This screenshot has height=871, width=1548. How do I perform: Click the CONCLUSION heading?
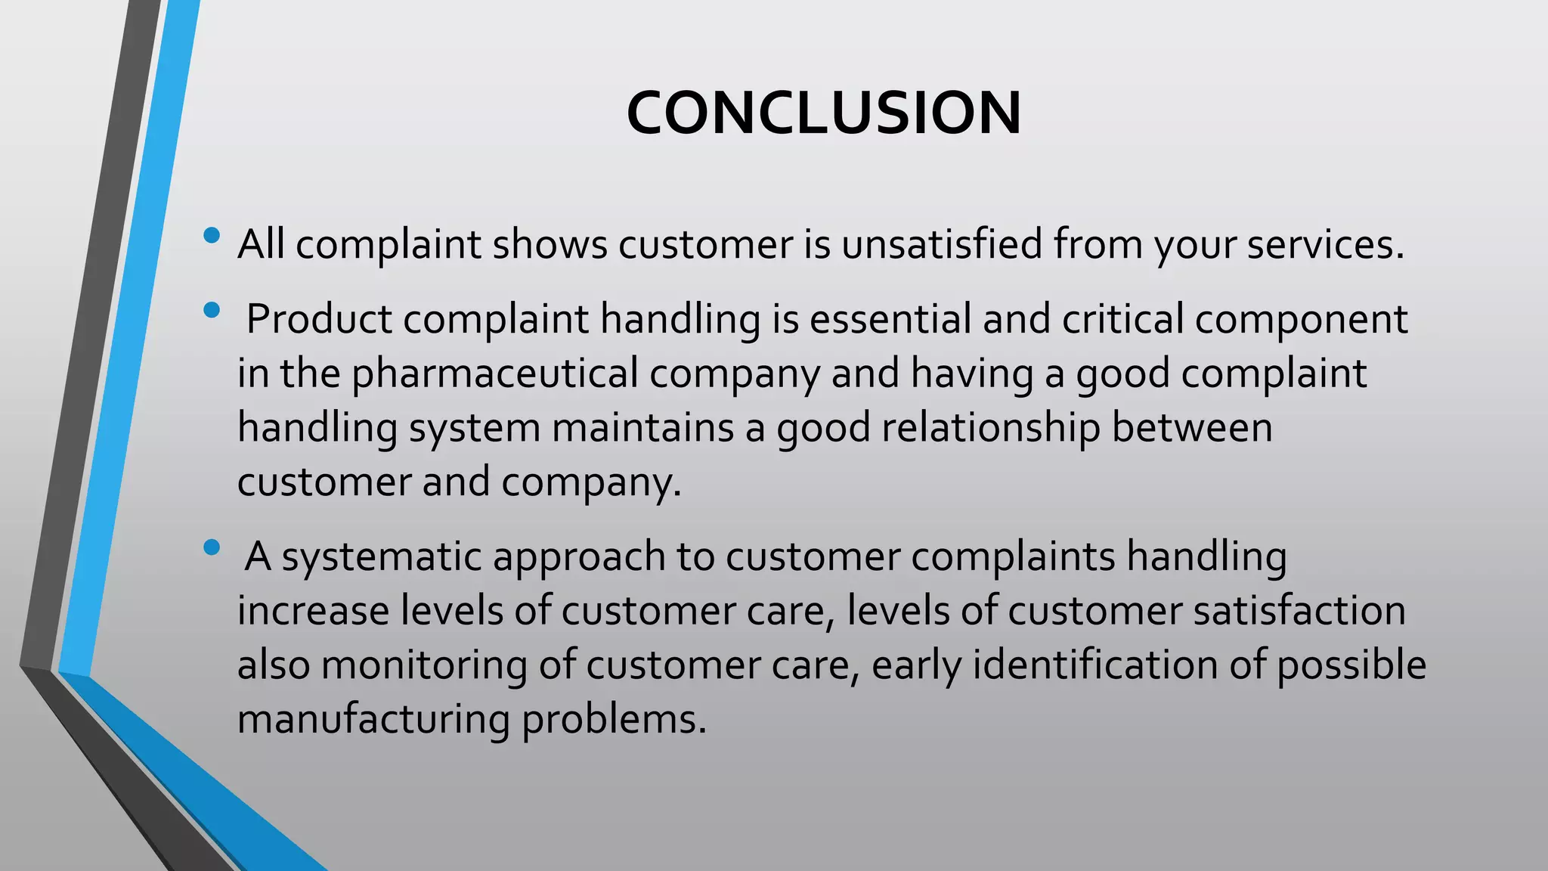pyautogui.click(x=824, y=113)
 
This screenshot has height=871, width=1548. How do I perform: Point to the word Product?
pyautogui.click(x=319, y=318)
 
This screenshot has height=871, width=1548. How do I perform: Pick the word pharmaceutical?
pyautogui.click(x=495, y=374)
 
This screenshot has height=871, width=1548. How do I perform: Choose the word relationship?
pyautogui.click(x=991, y=428)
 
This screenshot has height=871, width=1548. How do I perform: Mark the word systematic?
pyautogui.click(x=382, y=557)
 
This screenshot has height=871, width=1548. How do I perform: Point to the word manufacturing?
pyautogui.click(x=373, y=719)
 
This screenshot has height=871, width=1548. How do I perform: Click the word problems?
pyautogui.click(x=614, y=719)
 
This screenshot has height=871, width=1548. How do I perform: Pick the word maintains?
pyautogui.click(x=643, y=428)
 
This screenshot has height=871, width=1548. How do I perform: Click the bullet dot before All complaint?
pyautogui.click(x=212, y=235)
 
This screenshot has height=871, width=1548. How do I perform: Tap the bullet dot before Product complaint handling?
pyautogui.click(x=212, y=309)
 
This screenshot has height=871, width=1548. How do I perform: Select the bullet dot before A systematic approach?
pyautogui.click(x=212, y=547)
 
